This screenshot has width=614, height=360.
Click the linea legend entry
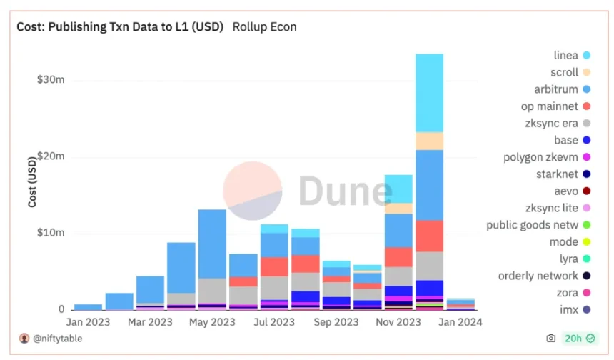tap(571, 55)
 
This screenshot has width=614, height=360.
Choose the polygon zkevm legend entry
tap(550, 157)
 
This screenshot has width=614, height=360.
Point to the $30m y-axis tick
tap(51, 80)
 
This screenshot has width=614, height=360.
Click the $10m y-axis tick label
tap(51, 233)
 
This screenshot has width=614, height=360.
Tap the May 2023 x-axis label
tap(213, 322)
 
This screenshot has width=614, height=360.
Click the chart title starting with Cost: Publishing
tap(120, 27)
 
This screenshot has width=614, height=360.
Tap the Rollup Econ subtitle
tap(264, 27)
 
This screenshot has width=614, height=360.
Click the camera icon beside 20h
tap(550, 338)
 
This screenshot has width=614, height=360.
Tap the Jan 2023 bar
tap(88, 307)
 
